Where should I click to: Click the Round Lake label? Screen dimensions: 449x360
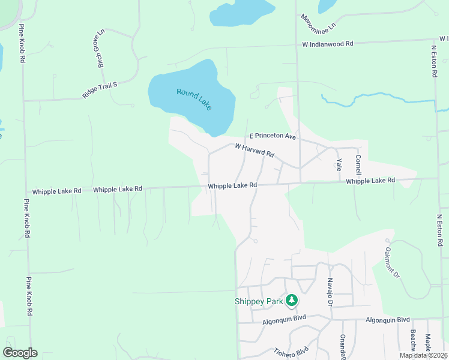coord(194,99)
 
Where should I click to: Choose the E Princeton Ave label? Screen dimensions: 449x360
coord(273,137)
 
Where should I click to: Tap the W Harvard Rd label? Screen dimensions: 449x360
coord(255,150)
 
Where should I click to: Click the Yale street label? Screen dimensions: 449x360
coord(339,164)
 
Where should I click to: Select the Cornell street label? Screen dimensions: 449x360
coord(358,165)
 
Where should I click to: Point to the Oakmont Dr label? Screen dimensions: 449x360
coord(391,262)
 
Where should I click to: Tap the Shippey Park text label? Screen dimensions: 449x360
coord(258,301)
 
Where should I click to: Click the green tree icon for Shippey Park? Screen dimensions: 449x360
coord(292,299)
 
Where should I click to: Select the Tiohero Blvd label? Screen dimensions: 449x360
coord(291,352)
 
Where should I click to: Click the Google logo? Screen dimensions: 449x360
coord(20,353)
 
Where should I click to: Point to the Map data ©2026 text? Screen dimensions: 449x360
coord(423,355)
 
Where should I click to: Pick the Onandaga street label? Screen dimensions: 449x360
coord(343,347)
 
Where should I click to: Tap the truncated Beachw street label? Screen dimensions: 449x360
coord(414,341)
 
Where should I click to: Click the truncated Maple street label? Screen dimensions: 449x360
coord(428,344)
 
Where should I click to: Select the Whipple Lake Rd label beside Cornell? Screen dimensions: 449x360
coord(371,181)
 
